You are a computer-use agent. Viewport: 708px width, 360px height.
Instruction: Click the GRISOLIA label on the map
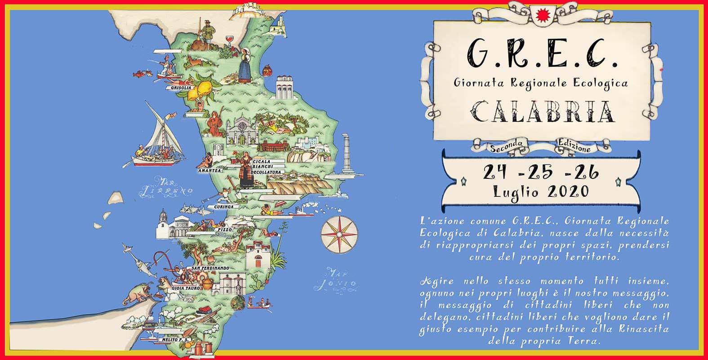pyautogui.click(x=178, y=88)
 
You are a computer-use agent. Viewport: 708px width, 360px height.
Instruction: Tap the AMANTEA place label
pyautogui.click(x=209, y=171)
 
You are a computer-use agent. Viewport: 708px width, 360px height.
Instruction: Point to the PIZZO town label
pyautogui.click(x=224, y=230)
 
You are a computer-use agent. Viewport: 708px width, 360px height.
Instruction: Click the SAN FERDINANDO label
pyautogui.click(x=210, y=268)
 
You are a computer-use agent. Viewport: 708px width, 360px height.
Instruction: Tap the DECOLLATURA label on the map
pyautogui.click(x=267, y=172)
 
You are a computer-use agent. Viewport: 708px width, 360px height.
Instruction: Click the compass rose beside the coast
pyautogui.click(x=339, y=234)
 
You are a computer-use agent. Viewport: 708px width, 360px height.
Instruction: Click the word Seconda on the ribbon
pyautogui.click(x=507, y=145)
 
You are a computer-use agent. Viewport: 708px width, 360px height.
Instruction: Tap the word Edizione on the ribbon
pyautogui.click(x=575, y=145)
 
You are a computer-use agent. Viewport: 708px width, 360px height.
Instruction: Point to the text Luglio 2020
pyautogui.click(x=541, y=191)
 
